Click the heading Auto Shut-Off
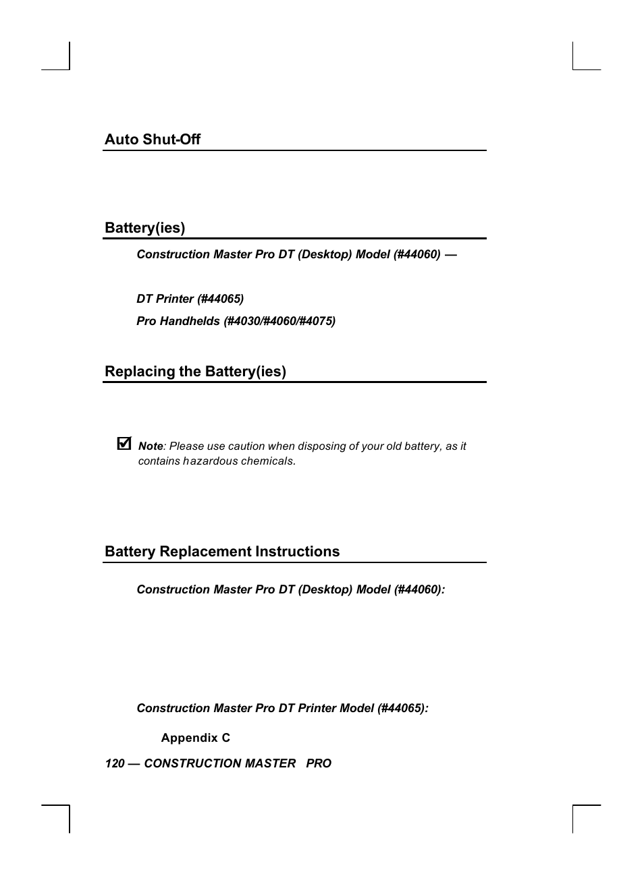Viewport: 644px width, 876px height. coord(153,140)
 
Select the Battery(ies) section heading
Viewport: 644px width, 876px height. coord(144,228)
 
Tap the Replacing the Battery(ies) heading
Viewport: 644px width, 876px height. coord(195,372)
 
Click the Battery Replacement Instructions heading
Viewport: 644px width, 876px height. coord(222,552)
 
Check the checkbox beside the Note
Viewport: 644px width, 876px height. coord(124,443)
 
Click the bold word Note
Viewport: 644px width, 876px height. coord(151,446)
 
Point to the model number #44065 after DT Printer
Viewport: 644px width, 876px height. coord(221,299)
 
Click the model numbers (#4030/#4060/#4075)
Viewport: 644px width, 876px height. coord(279,321)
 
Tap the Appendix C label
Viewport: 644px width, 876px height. coord(195,738)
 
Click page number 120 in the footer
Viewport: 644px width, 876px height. coord(115,763)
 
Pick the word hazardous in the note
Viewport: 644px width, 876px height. coord(210,461)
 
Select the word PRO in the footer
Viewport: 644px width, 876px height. coord(319,763)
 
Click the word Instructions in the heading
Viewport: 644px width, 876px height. coord(297,552)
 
